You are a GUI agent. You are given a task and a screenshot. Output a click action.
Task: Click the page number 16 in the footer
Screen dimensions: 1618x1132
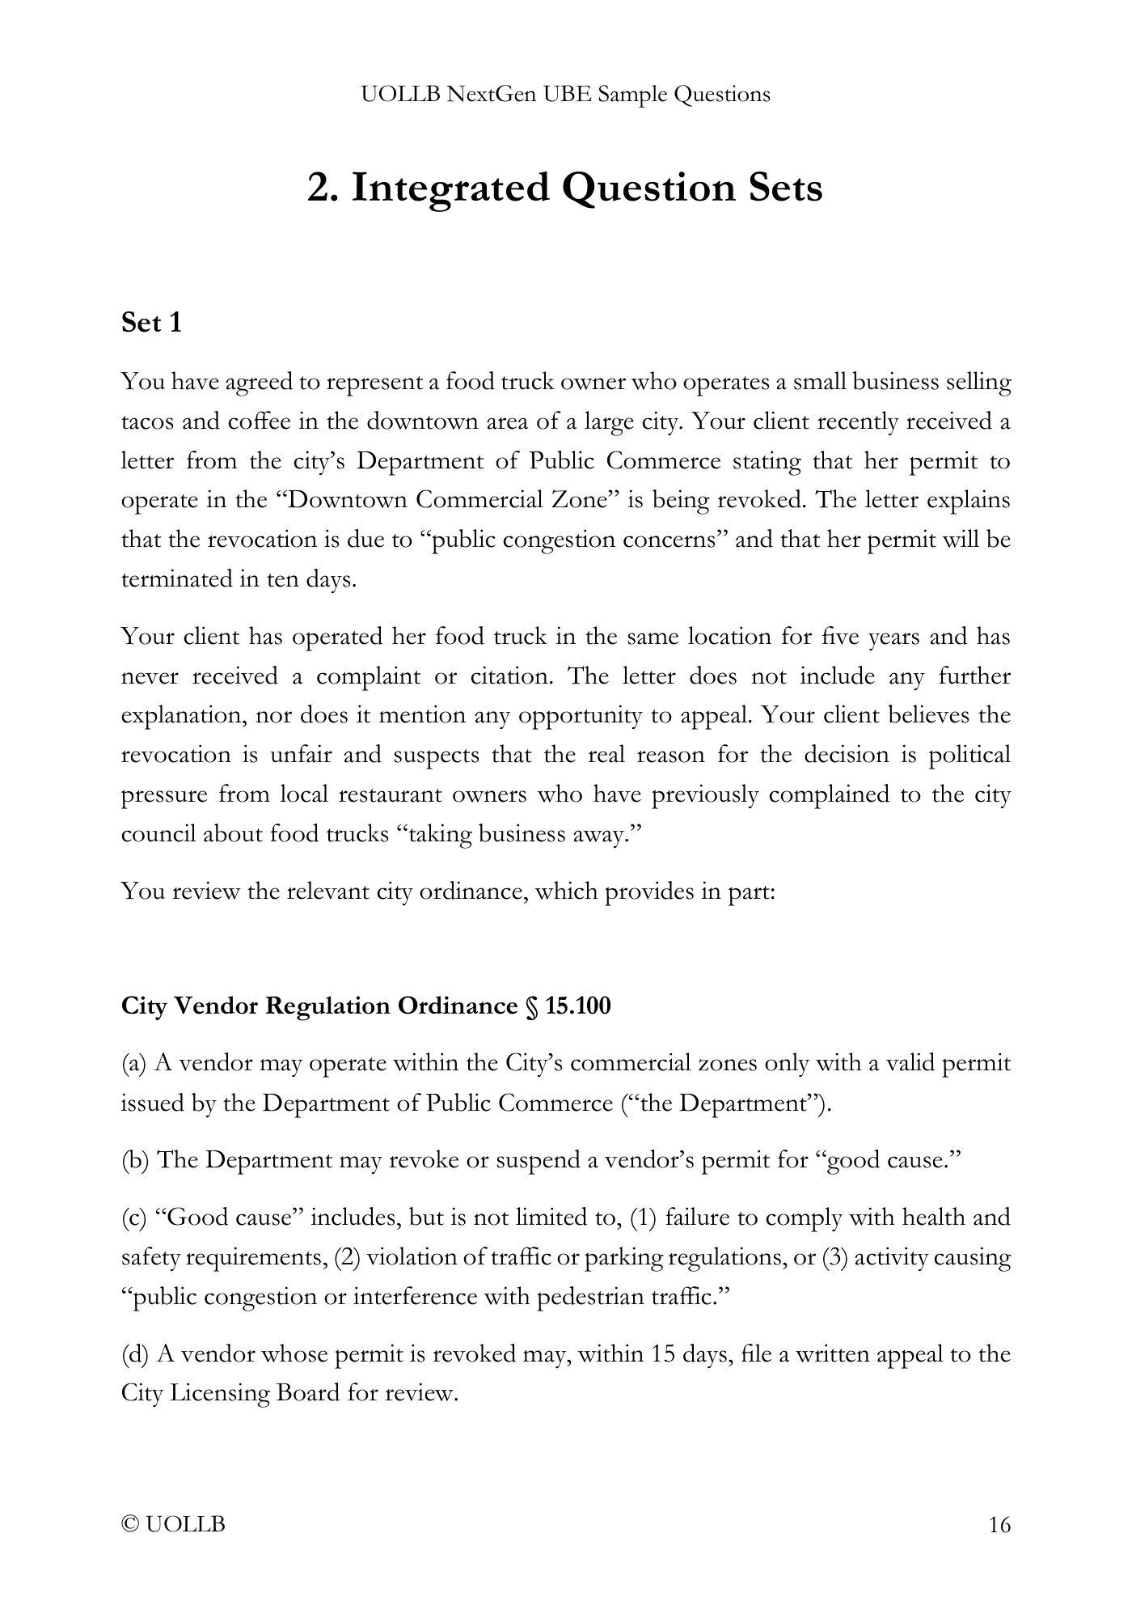point(999,1525)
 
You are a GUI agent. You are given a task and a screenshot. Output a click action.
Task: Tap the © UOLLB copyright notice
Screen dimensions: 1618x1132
point(173,1525)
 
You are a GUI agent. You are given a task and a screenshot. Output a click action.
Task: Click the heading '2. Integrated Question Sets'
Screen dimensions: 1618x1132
point(565,188)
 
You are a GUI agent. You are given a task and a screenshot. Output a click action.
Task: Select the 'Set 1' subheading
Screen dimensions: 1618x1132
point(151,323)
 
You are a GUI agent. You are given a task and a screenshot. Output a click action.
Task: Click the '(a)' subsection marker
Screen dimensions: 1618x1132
point(133,1063)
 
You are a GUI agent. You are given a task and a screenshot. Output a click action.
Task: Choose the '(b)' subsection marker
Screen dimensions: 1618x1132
point(134,1160)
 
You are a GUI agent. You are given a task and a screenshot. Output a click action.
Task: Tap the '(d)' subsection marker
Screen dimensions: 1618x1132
point(134,1353)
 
